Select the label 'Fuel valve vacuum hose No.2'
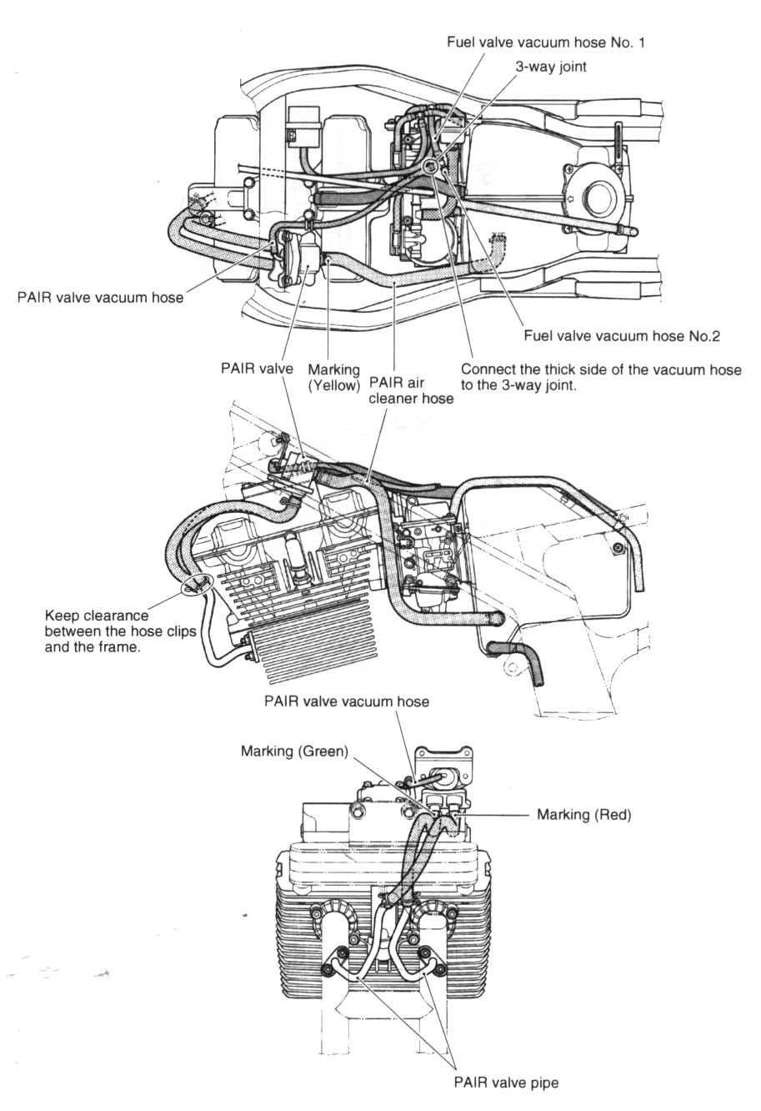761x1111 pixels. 621,336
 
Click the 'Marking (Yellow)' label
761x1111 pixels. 333,377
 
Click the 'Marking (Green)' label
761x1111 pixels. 293,752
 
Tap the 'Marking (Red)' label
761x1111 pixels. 583,814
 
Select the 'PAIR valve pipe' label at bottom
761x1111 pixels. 506,1083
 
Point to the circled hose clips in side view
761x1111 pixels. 198,585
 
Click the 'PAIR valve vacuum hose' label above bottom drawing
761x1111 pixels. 346,701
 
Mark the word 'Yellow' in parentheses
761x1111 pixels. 334,385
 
